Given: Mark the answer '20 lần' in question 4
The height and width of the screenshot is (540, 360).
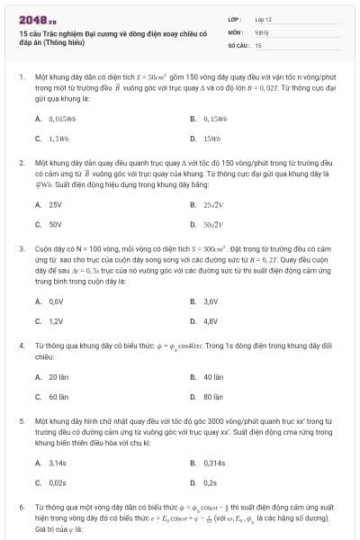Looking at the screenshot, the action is tap(58, 377).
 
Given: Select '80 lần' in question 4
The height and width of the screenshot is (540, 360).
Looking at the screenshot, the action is tap(213, 396).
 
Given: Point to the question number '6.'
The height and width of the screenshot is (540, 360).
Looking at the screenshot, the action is tap(21, 508).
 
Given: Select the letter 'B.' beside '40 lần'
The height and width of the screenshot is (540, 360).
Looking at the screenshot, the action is tap(193, 377).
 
